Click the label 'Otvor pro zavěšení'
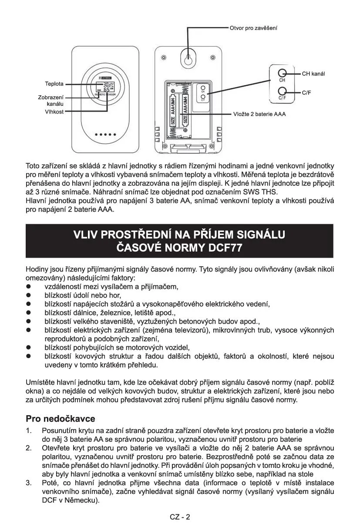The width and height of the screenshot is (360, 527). coord(253,28)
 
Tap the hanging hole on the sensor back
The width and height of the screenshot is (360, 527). coord(188,60)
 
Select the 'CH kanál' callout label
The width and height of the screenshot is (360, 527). coord(313,74)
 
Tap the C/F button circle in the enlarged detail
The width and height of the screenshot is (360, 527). coord(282,91)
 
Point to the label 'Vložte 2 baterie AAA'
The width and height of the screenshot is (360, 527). coord(259,114)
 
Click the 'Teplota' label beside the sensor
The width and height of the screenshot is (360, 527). coord(54,84)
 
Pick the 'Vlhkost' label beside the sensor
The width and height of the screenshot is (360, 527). coord(54,112)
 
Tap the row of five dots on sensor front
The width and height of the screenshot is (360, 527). coord(106,134)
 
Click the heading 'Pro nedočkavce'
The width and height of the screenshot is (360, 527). coord(61,419)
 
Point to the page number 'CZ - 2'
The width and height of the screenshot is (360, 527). coord(180,517)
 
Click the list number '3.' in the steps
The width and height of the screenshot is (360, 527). coord(29,483)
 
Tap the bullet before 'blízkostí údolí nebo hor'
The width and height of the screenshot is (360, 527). coord(29,295)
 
